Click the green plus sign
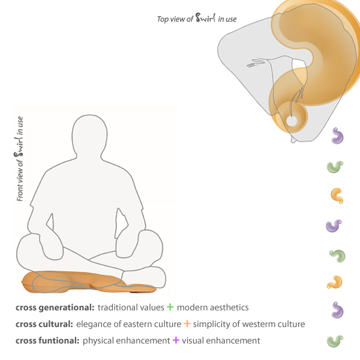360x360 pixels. click(x=170, y=307)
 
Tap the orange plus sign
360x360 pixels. click(x=187, y=324)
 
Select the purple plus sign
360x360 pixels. click(x=176, y=341)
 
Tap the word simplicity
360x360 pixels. click(x=213, y=324)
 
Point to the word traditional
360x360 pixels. click(x=120, y=307)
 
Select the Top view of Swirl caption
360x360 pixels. click(x=197, y=19)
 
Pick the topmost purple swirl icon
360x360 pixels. click(x=339, y=136)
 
